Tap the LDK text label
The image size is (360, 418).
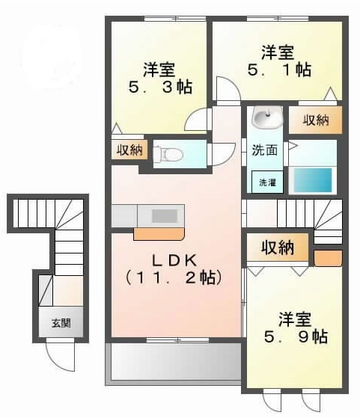(177, 261)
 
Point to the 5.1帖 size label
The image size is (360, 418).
(279, 70)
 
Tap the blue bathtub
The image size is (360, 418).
(313, 181)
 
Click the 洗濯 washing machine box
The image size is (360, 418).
(267, 182)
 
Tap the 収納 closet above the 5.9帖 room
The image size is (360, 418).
(276, 247)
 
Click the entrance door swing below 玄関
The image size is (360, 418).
(61, 356)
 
